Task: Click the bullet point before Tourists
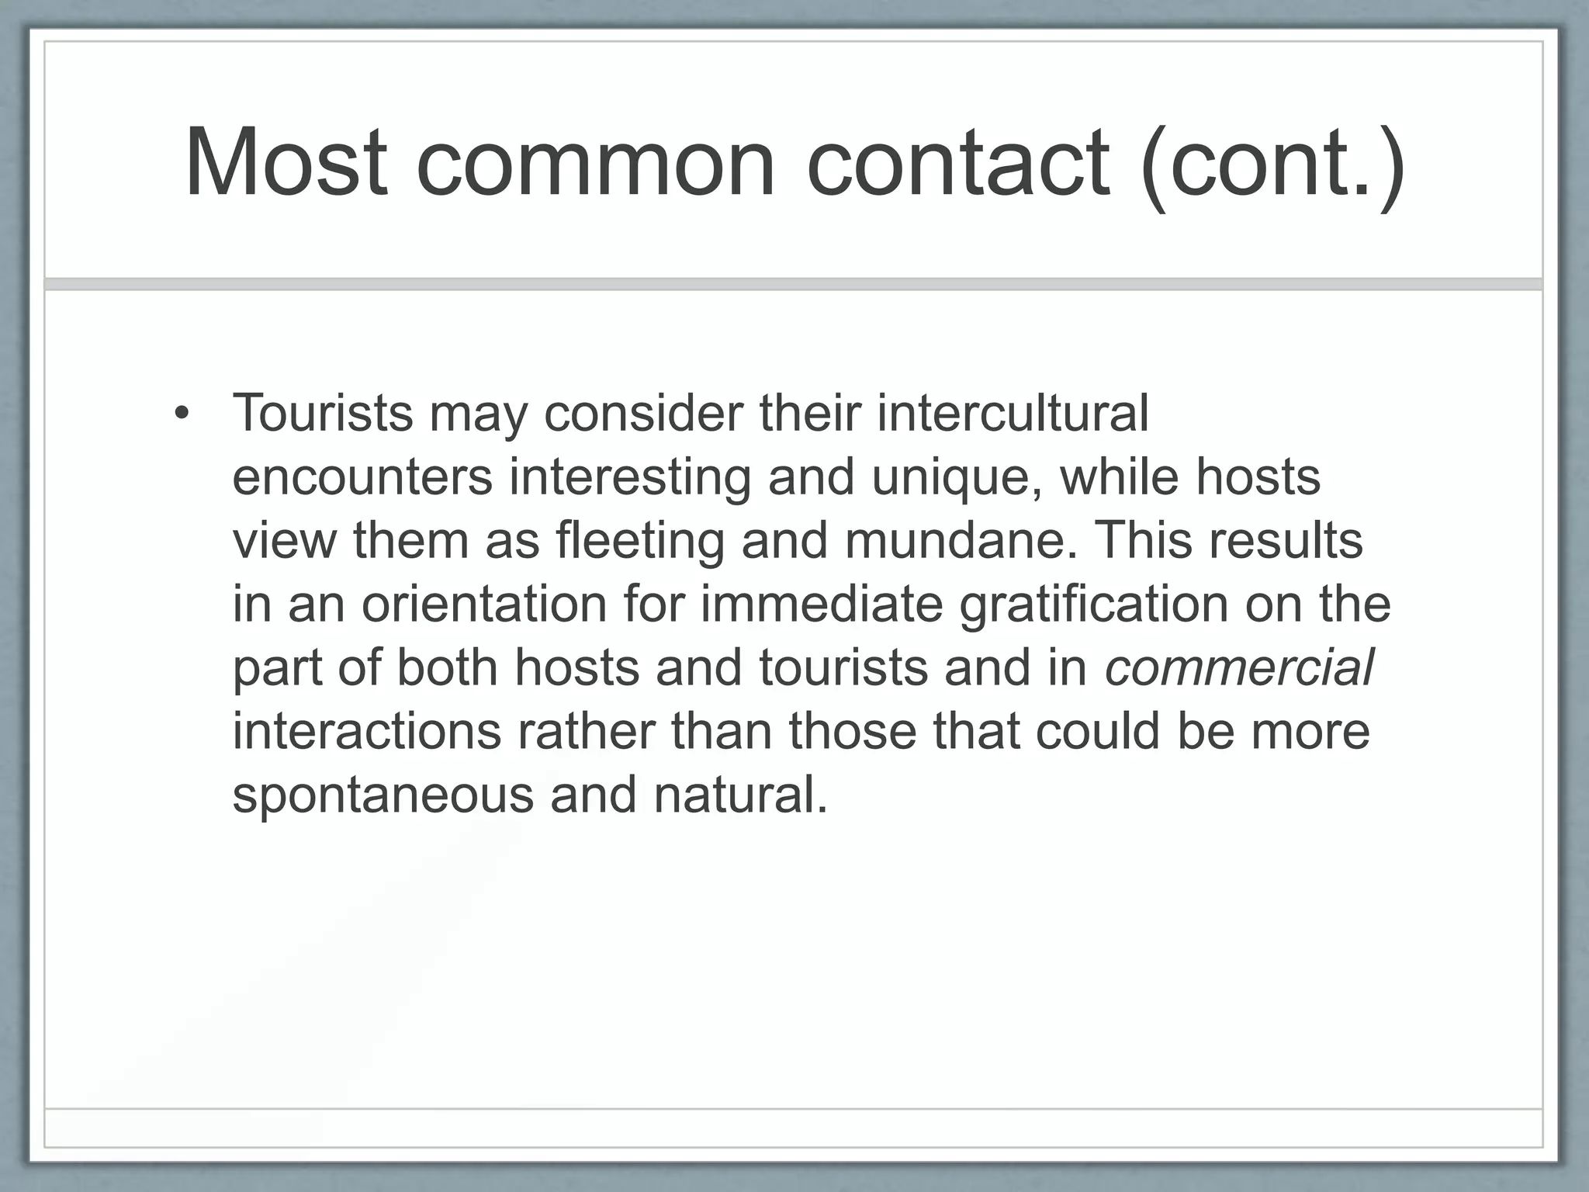click(x=182, y=414)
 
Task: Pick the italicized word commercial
click(x=1239, y=668)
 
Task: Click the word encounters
click(x=362, y=477)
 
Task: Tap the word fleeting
click(x=640, y=541)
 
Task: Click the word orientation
click(x=483, y=605)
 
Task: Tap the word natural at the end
click(x=740, y=795)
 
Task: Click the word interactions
click(x=367, y=732)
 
